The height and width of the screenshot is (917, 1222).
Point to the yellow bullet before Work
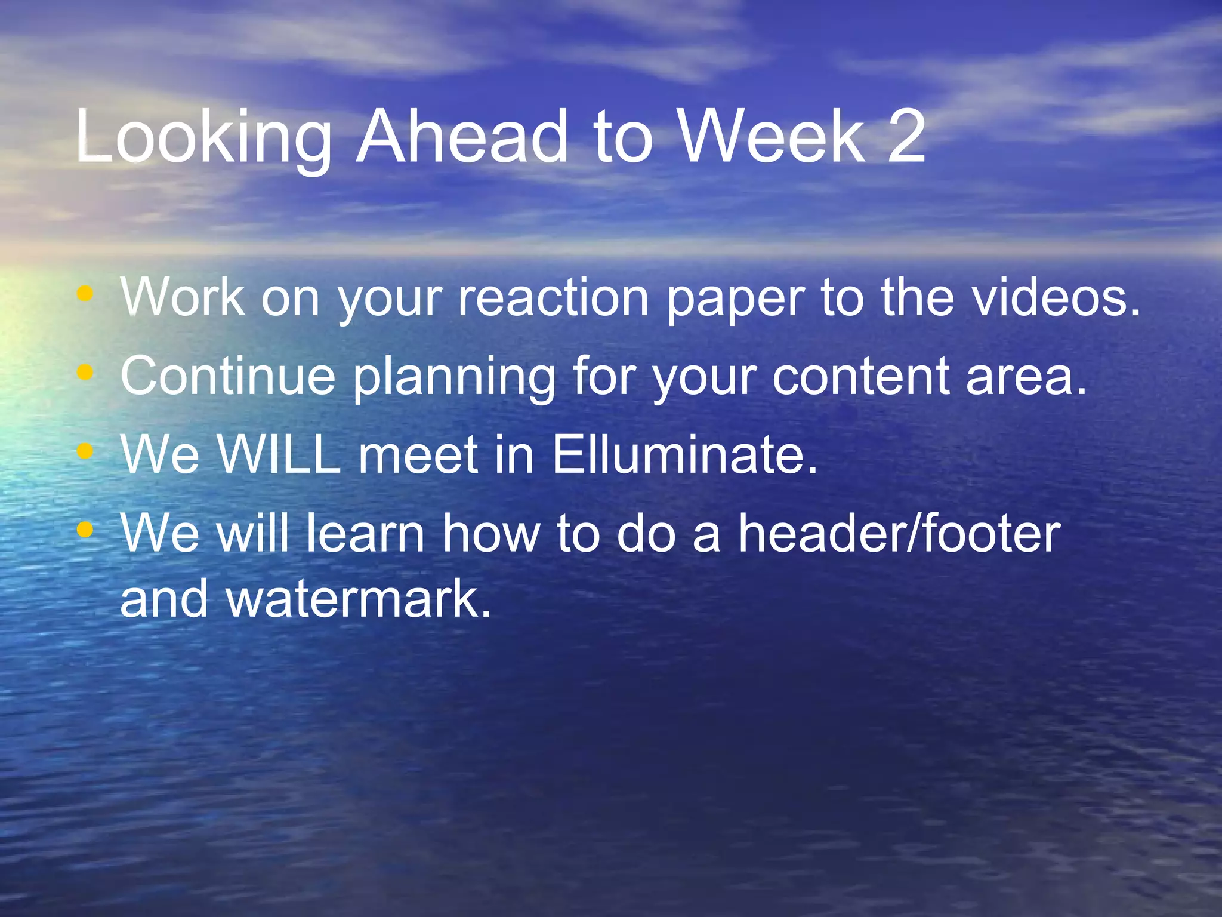pos(86,293)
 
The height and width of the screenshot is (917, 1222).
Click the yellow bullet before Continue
pos(86,373)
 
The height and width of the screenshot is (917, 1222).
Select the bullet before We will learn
pos(86,529)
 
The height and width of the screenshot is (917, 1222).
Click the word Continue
pos(228,376)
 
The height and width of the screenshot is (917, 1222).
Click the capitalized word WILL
pos(278,454)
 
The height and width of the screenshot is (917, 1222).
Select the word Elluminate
pos(684,454)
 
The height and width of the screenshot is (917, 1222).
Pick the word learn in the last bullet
pos(365,533)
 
